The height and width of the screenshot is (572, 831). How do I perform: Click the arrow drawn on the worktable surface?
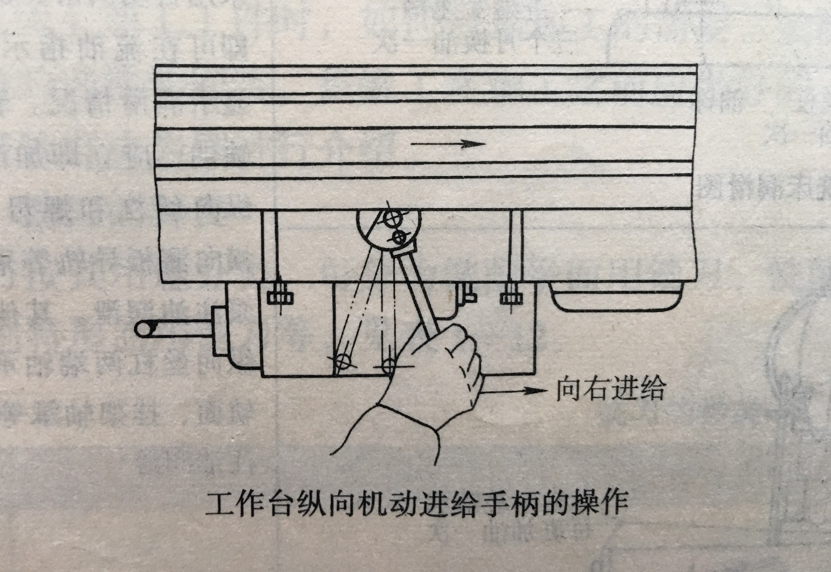click(448, 144)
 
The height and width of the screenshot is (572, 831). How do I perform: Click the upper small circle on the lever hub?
click(391, 218)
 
